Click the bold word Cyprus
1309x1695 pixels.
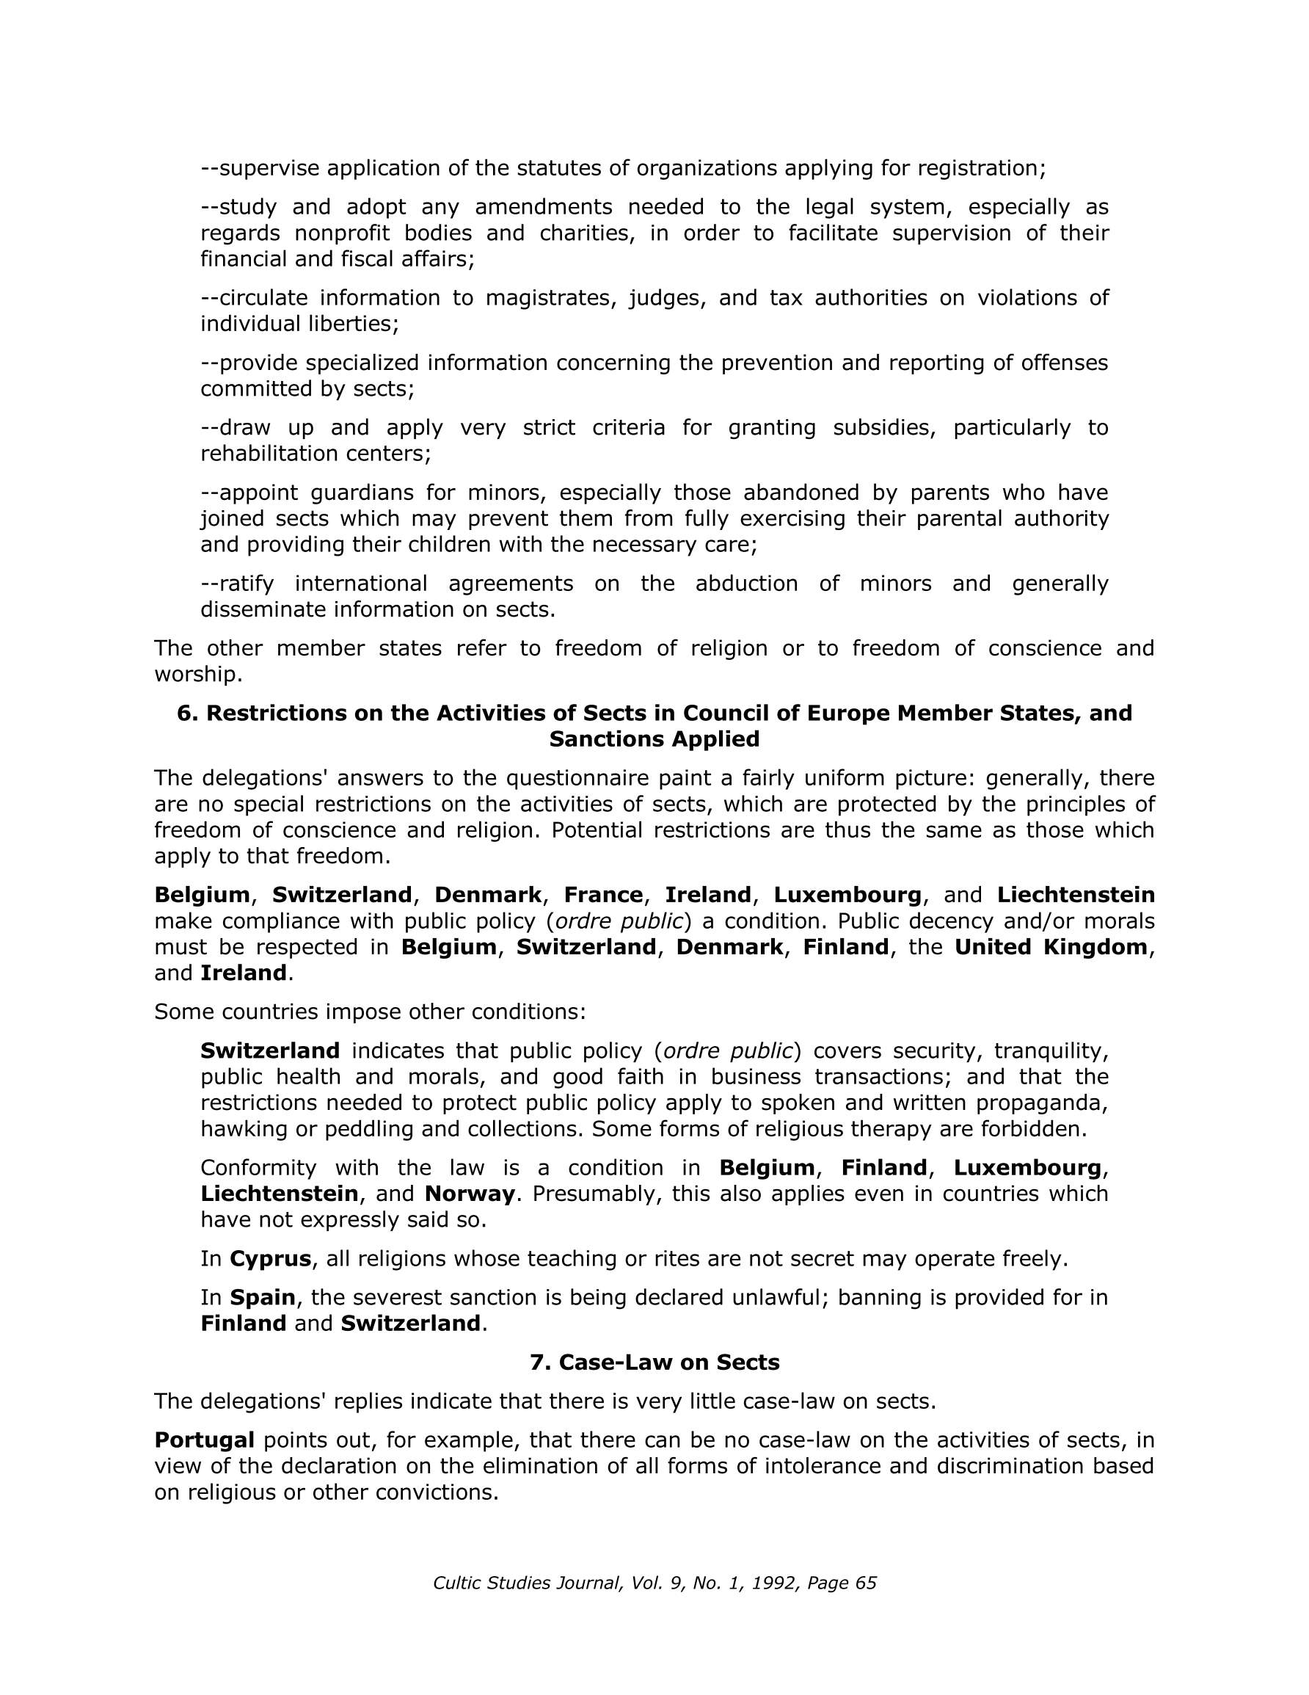pyautogui.click(x=270, y=1258)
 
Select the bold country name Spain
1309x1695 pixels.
pyautogui.click(x=262, y=1297)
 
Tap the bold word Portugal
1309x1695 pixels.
pyautogui.click(x=204, y=1440)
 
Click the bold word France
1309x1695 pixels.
pyautogui.click(x=603, y=895)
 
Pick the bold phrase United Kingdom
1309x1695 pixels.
pyautogui.click(x=1050, y=947)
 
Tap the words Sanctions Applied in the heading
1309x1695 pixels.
pyautogui.click(x=654, y=738)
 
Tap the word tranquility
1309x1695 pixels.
pyautogui.click(x=1051, y=1050)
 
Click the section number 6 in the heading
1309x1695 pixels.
pyautogui.click(x=184, y=713)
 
